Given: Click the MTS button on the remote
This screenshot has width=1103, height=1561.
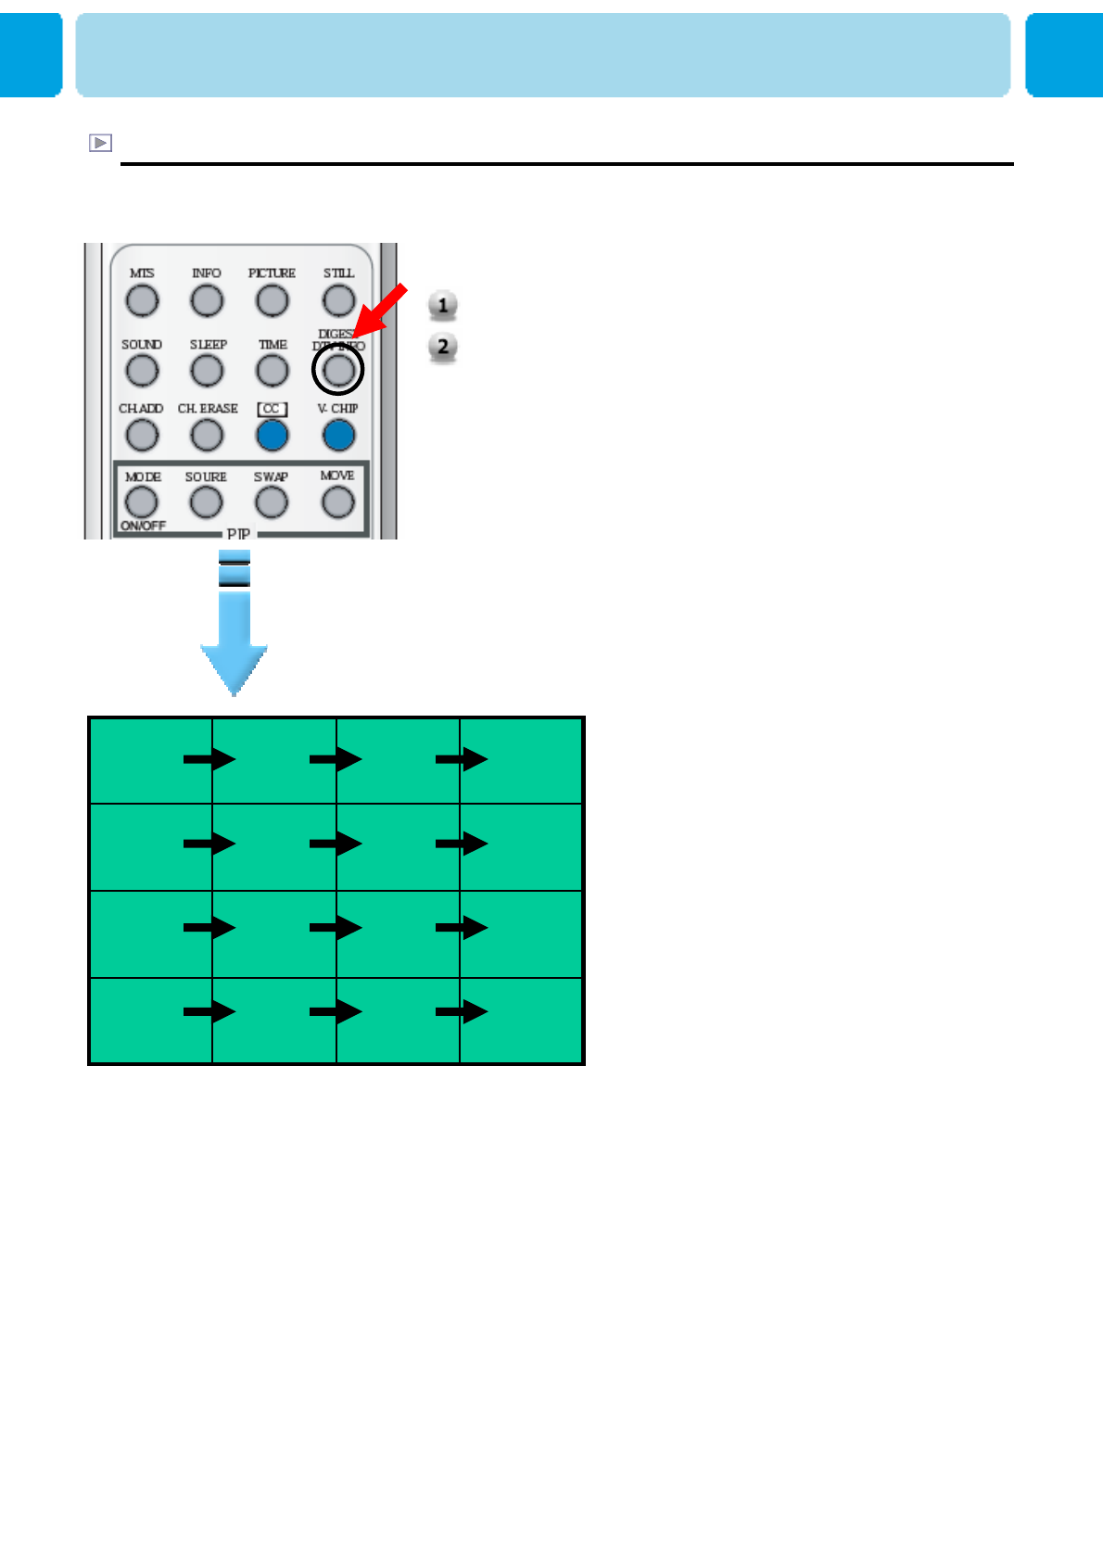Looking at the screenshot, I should coord(142,300).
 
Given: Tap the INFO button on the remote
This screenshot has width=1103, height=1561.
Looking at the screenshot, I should coord(207,300).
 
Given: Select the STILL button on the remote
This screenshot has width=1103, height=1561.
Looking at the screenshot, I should coord(338,300).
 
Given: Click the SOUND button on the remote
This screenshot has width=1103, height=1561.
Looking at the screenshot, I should coord(142,371).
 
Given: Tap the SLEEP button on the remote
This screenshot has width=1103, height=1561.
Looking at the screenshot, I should coord(207,371).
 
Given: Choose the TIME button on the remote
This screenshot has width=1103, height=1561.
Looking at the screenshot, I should coord(273,371).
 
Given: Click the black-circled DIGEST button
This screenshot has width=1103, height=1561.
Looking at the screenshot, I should coord(338,370).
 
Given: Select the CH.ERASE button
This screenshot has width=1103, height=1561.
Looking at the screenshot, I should coord(207,435).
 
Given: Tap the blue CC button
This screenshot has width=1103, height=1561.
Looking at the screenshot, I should coord(273,435).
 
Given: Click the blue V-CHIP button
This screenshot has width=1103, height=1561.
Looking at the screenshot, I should coord(338,435).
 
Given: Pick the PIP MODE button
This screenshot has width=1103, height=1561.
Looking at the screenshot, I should coord(142,502).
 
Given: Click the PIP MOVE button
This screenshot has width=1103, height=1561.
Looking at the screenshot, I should coord(337,502).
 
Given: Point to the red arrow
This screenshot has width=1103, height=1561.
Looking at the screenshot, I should coord(381,311).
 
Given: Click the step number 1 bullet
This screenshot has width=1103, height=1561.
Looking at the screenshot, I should coord(443,305).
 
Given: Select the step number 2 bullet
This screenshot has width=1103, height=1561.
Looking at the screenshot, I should coord(443,347).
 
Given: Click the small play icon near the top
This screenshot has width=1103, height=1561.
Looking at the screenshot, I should coord(100,143).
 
